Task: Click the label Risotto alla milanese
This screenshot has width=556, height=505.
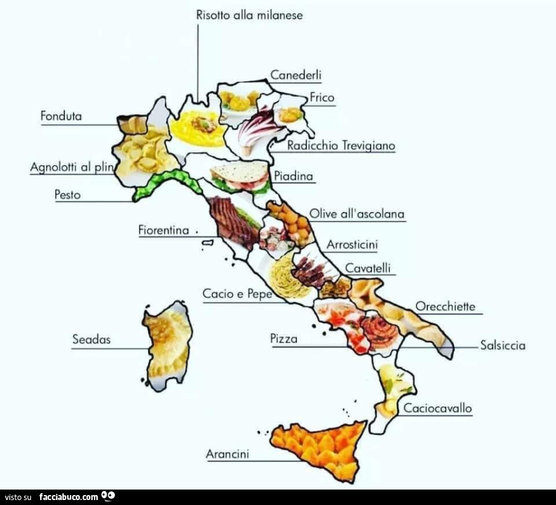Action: (250, 15)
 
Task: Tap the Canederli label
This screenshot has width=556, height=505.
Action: (296, 75)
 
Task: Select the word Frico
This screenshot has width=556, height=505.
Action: (322, 97)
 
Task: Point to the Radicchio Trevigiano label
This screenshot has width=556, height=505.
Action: (341, 146)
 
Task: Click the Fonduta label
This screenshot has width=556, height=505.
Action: (61, 116)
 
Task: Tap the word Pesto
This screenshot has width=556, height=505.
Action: (67, 195)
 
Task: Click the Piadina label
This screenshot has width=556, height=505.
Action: (293, 176)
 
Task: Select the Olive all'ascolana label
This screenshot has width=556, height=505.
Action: (356, 214)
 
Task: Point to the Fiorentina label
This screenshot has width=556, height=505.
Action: (164, 230)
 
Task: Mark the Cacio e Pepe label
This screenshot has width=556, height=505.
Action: (237, 294)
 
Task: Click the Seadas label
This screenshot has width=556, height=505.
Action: (91, 339)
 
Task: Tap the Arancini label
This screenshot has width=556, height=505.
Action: (227, 454)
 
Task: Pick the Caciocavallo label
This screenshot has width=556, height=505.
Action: (437, 408)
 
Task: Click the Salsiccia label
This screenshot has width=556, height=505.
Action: (503, 346)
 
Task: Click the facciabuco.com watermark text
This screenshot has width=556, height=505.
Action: (69, 496)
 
